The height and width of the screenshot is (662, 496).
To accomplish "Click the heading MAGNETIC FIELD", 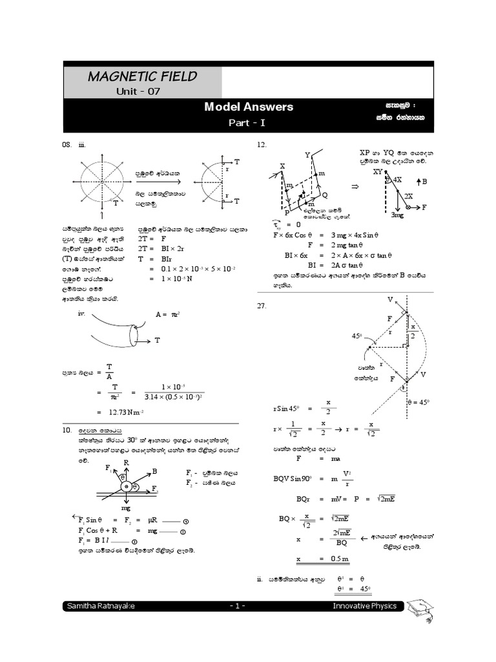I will (x=142, y=78).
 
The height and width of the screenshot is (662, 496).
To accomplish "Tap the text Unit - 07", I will (x=138, y=92).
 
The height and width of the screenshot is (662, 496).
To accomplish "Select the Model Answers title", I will (x=249, y=107).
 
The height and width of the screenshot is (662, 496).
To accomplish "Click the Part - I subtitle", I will (x=249, y=122).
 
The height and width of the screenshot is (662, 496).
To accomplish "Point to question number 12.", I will (x=262, y=145).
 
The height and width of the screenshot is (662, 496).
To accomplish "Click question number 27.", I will (x=262, y=306).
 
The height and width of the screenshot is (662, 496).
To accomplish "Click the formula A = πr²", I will (x=166, y=314).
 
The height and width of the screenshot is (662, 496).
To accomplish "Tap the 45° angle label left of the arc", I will (x=356, y=336).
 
